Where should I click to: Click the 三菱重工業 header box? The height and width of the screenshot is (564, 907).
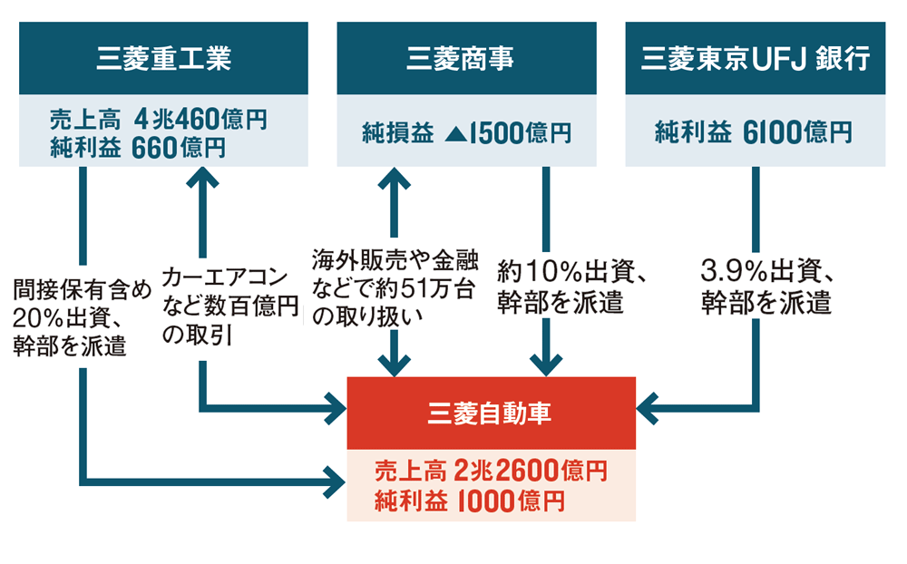163,60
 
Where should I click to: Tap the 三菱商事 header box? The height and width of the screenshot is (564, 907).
466,60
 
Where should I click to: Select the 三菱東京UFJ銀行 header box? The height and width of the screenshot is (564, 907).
755,60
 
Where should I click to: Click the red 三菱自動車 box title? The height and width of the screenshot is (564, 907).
491,413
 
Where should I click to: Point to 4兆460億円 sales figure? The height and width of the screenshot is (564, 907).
200,119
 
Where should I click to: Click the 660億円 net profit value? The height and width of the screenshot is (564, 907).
178,147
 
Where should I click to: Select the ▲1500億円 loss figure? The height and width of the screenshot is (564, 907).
508,133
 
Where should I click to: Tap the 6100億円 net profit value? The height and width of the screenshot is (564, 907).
796,133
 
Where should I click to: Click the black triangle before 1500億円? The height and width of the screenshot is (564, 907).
456,134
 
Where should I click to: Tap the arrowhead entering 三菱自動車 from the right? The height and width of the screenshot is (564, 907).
649,409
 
